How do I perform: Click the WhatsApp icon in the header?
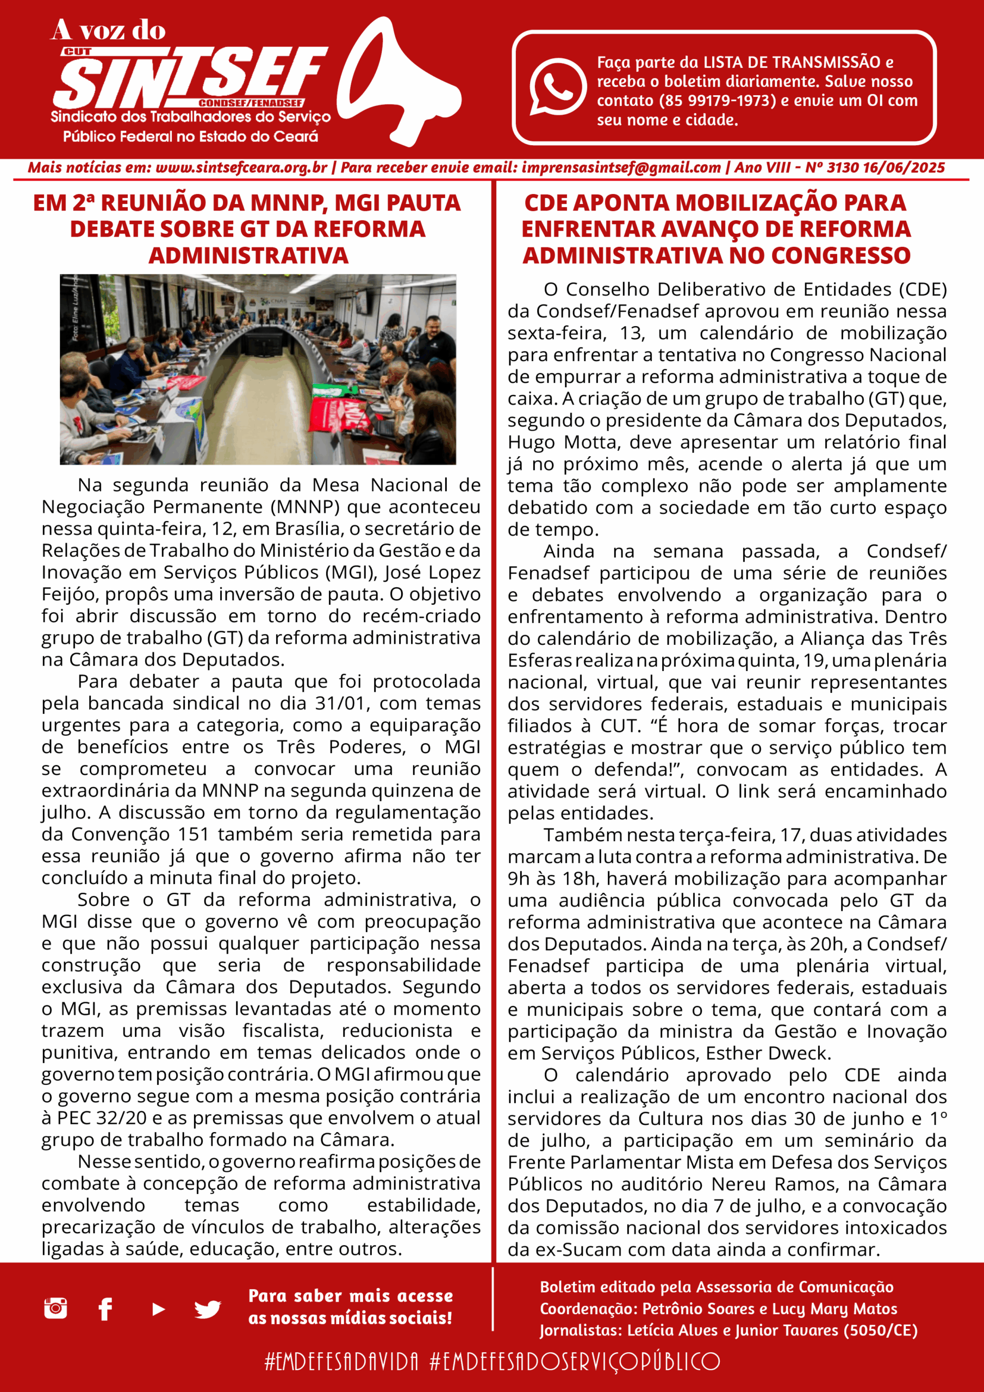[557, 86]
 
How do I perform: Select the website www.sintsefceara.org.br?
[241, 168]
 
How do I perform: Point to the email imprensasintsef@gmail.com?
[621, 168]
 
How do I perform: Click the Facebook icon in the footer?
[105, 1309]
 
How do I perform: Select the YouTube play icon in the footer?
[158, 1309]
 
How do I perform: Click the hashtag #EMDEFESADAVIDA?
[341, 1361]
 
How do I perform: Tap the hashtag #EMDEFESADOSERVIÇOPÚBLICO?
[574, 1361]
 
